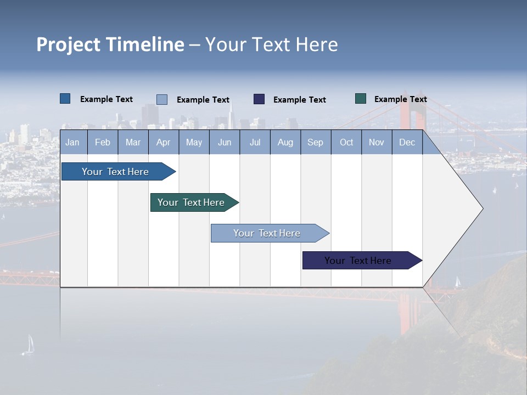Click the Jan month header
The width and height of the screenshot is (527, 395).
pos(72,143)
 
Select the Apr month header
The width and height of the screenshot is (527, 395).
pos(163,143)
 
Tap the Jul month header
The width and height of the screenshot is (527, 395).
pos(255,143)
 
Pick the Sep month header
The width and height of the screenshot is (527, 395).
pos(315,143)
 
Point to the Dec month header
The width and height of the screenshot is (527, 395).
pos(407,143)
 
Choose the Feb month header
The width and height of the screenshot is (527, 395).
pos(103,143)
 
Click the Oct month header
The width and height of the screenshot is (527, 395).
pos(346,143)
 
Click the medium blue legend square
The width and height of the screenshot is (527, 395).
pos(65,99)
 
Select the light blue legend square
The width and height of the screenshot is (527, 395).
pos(162,99)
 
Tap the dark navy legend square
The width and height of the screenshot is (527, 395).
pos(259,99)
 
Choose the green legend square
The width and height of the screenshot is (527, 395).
pos(361,99)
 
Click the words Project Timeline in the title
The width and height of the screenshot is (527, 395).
pos(110,44)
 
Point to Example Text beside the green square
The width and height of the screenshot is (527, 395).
pos(400,99)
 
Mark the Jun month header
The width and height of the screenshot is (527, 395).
pos(225,143)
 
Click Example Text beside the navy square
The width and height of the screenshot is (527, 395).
pos(299,100)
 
